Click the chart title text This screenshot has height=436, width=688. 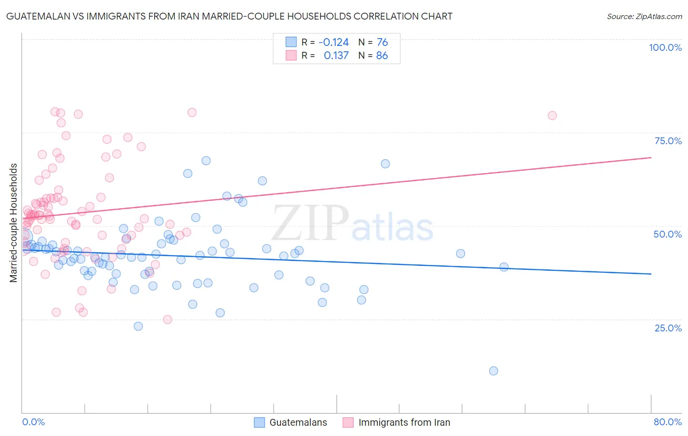(x=229, y=16)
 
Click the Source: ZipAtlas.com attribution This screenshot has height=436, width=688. (x=644, y=17)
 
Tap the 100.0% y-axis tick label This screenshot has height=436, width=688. (x=665, y=47)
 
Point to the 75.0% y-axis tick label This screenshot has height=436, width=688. (x=668, y=141)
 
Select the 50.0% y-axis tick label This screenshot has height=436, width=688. (x=667, y=234)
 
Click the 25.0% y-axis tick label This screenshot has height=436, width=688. (x=668, y=328)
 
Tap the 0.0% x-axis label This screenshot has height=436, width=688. (x=33, y=422)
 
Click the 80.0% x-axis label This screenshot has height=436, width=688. (x=667, y=422)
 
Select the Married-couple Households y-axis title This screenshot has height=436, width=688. (x=14, y=222)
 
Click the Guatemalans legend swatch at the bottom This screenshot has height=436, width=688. (x=259, y=422)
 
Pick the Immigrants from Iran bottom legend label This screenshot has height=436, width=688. (x=404, y=422)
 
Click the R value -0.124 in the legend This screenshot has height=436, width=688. (x=333, y=43)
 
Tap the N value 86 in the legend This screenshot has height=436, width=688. (x=382, y=56)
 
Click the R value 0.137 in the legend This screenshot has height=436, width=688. (x=336, y=56)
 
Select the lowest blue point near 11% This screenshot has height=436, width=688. (x=493, y=371)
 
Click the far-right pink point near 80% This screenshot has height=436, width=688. (x=552, y=115)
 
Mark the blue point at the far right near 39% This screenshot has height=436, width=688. (x=504, y=267)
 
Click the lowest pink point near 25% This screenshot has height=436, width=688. (x=167, y=320)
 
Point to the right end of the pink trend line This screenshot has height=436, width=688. (x=651, y=157)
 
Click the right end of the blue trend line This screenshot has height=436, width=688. (x=651, y=274)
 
